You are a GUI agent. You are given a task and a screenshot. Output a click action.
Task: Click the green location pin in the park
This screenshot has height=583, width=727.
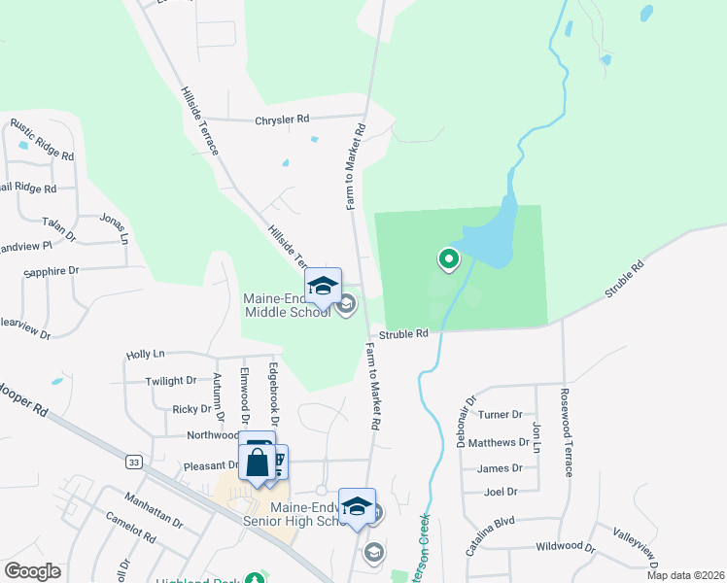(449, 258)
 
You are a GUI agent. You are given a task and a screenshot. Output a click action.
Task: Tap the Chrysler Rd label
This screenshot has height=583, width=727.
(282, 120)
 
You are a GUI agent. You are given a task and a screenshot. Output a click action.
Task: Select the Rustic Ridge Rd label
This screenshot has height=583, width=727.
(42, 140)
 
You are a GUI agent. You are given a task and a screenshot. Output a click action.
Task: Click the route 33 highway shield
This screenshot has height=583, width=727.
(134, 462)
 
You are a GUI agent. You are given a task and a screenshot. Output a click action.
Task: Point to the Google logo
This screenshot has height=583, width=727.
(32, 571)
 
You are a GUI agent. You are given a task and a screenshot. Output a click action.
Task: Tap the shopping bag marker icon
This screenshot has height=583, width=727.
(257, 462)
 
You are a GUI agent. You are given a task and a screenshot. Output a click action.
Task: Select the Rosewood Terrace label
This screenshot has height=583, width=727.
(567, 432)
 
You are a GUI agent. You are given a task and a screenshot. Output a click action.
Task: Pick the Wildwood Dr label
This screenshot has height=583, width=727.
(569, 547)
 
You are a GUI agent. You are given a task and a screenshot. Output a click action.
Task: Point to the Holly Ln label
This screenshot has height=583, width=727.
(146, 356)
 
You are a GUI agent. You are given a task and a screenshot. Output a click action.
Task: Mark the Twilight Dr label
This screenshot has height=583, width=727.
(171, 382)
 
